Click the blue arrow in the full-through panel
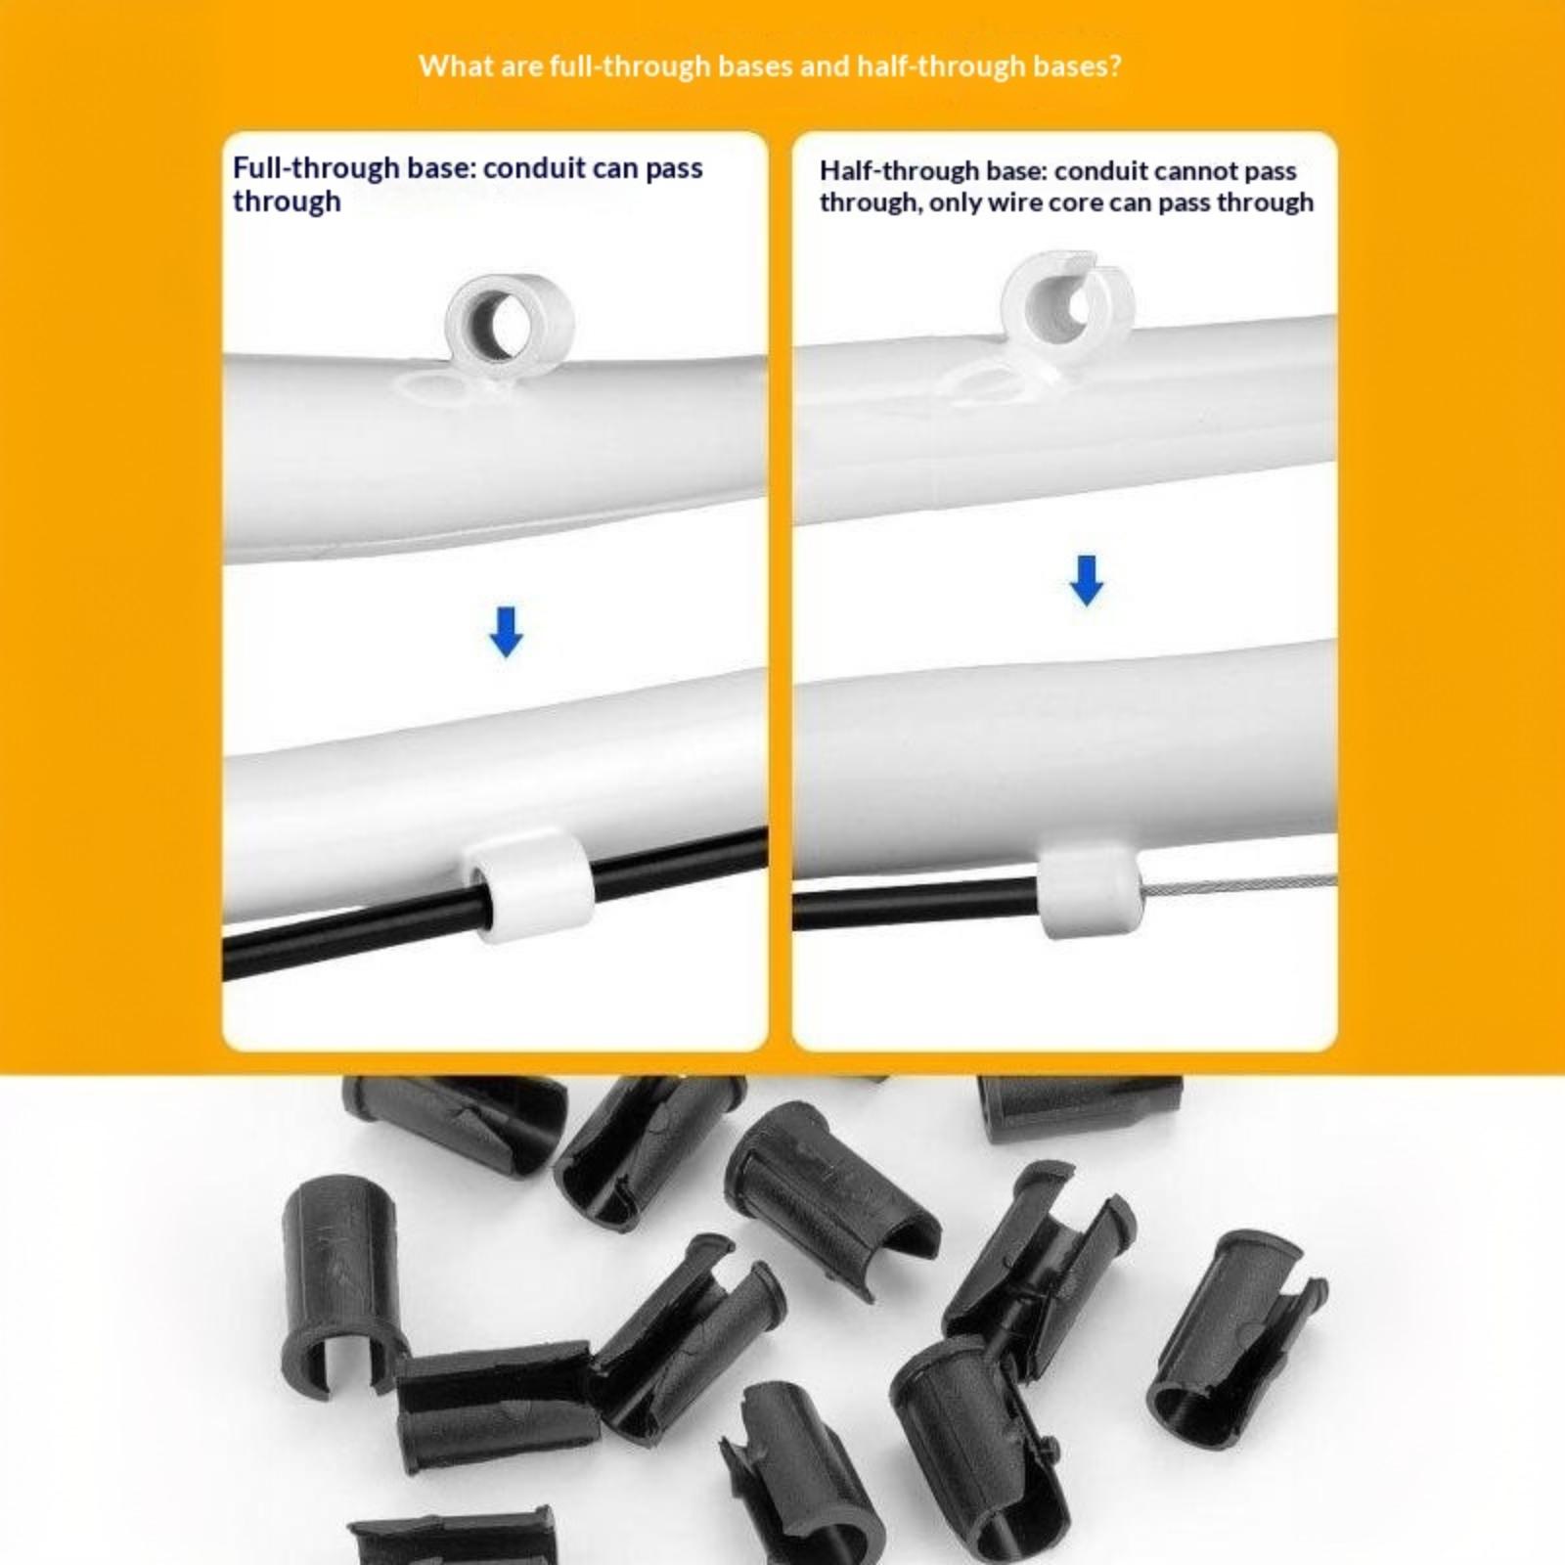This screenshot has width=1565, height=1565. [506, 632]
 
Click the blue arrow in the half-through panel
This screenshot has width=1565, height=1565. [1087, 581]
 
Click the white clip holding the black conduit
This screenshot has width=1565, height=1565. [528, 882]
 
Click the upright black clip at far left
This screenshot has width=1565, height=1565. [338, 1283]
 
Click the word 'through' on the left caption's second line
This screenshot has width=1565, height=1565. [287, 201]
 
